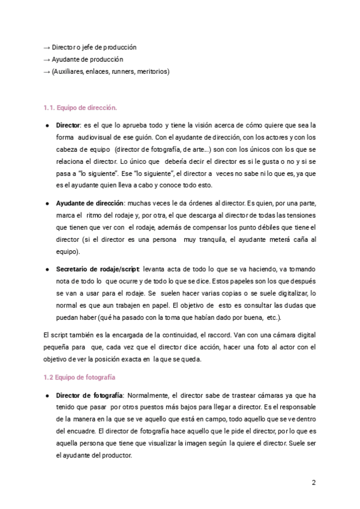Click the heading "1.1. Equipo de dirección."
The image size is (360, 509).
(80, 108)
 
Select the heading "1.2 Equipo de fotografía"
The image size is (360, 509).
(80, 378)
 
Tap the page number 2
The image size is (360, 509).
(314, 483)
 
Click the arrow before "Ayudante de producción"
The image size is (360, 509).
(47, 59)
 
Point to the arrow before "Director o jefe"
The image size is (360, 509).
(47, 47)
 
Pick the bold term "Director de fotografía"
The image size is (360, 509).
(89, 396)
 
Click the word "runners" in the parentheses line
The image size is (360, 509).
(122, 72)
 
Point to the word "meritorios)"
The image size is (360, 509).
(153, 72)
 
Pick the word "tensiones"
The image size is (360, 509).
(297, 215)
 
